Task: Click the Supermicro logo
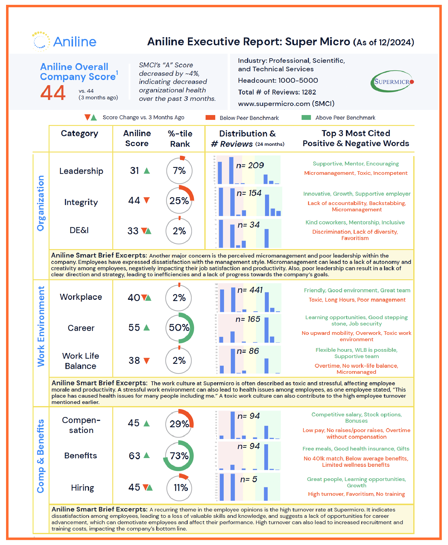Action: coord(392,81)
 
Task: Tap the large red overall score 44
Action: coord(53,93)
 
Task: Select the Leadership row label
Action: coord(81,171)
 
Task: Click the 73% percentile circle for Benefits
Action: coord(179,456)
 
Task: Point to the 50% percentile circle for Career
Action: coord(179,328)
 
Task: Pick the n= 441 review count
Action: coord(250,290)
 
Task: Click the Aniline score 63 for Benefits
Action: coord(134,456)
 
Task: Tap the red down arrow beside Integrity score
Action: coord(147,200)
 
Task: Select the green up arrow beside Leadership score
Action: coord(147,171)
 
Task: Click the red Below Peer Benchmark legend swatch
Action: coord(210,117)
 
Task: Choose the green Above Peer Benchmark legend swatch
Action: coord(306,117)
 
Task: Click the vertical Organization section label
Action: coord(41,203)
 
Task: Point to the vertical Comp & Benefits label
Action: coord(41,456)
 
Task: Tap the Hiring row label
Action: coord(82,488)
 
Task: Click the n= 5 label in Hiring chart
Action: coord(249,479)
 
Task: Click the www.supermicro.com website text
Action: coord(286,104)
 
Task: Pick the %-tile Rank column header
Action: coord(180,139)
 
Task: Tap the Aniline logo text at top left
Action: coord(75,42)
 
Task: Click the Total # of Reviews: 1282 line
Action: coord(277,92)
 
